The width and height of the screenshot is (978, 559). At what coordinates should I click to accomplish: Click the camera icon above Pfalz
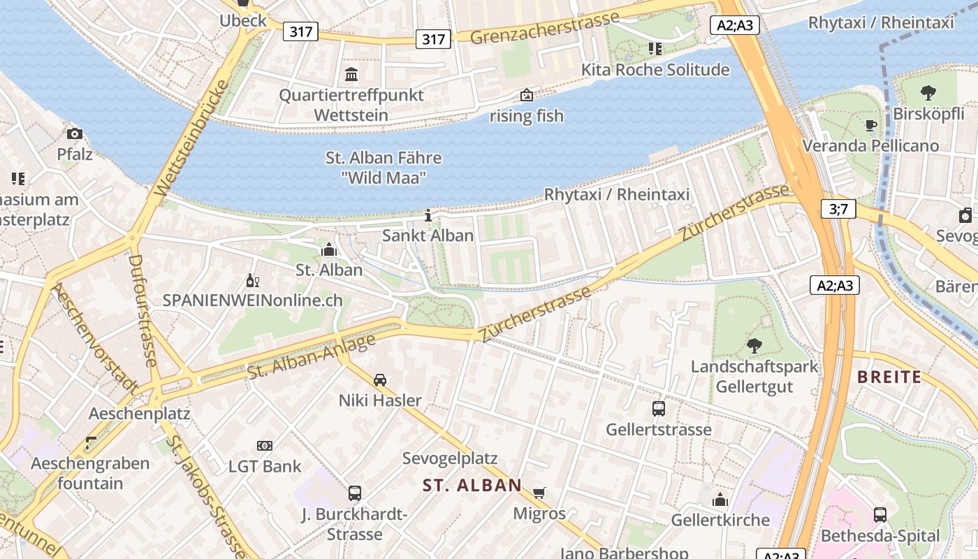coord(75,133)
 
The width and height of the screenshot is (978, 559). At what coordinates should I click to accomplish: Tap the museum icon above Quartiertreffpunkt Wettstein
coord(351,74)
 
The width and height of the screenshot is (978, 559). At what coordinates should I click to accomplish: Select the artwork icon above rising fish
coord(526,95)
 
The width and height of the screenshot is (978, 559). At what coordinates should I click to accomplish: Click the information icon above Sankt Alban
coord(428,215)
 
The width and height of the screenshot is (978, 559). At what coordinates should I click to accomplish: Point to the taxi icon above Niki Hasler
coord(380,379)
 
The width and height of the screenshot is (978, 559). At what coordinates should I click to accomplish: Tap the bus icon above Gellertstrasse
coord(658,408)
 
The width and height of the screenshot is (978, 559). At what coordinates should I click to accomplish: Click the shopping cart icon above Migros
coord(539,493)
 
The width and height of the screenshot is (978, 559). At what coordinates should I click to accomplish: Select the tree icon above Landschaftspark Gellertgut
coord(754,345)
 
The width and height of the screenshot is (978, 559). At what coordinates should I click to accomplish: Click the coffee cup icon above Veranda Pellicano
coord(870,125)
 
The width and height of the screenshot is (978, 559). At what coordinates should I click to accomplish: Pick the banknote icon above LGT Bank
coord(265,445)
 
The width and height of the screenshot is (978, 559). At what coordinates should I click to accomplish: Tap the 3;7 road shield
coord(838,208)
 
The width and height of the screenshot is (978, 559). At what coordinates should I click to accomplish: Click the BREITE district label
coord(889,377)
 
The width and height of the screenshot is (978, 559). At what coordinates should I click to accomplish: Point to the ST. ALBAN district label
coord(472,485)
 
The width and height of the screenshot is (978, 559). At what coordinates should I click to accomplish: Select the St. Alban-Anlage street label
coord(312,356)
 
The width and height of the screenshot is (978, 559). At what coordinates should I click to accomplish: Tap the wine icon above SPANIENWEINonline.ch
coord(252,281)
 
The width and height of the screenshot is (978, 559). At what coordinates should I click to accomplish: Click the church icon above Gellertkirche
coord(720,500)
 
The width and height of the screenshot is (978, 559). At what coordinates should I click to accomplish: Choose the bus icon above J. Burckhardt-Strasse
coord(355,493)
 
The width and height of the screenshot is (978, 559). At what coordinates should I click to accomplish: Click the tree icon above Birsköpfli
coord(928,92)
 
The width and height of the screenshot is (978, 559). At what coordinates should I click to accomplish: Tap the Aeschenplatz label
coord(139,413)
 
